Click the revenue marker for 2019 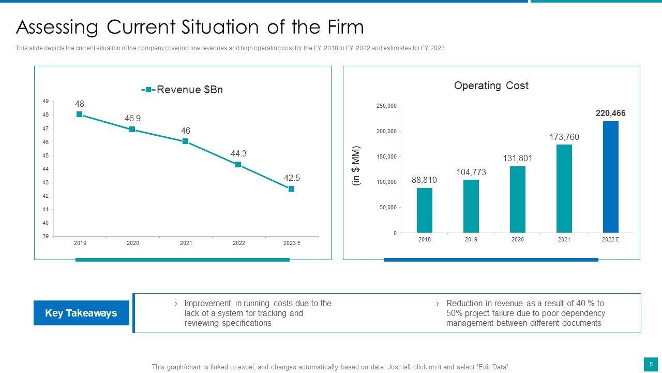[80, 114]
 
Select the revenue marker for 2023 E [291, 189]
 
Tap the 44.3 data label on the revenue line [238, 153]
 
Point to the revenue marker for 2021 [185, 141]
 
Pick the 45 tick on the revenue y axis [46, 155]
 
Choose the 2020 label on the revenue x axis [133, 243]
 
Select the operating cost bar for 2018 [424, 210]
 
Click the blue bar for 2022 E [610, 177]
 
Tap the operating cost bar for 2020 [517, 199]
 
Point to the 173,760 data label [564, 137]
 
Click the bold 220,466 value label [610, 113]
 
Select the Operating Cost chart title [491, 85]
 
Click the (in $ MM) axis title [356, 166]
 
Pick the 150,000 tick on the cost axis [386, 156]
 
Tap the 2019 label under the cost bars [471, 239]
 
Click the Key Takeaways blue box [81, 313]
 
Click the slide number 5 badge [651, 364]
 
